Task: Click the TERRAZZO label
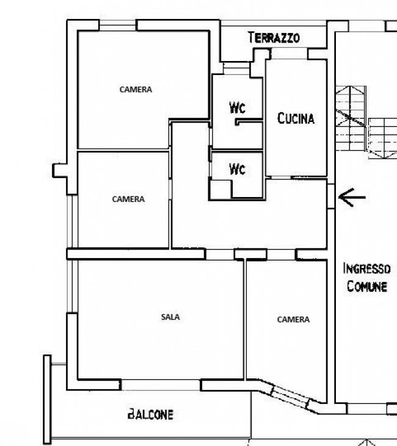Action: click(x=274, y=38)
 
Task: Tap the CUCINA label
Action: click(x=296, y=118)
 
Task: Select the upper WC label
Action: click(x=237, y=107)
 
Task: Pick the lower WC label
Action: click(x=237, y=169)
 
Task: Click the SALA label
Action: click(x=170, y=317)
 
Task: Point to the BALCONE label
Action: click(x=150, y=414)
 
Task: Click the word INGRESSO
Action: click(x=366, y=268)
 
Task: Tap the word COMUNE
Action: click(x=367, y=286)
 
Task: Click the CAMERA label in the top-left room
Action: click(x=136, y=90)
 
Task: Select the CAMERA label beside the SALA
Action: click(x=293, y=320)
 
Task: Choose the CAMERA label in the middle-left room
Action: click(x=128, y=199)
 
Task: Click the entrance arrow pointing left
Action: click(x=352, y=197)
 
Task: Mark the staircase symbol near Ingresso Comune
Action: click(x=366, y=122)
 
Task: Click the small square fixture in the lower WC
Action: click(x=220, y=189)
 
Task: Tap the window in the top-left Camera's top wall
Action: click(x=117, y=25)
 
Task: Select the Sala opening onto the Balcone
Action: click(x=161, y=385)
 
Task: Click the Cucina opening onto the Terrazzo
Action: click(x=289, y=54)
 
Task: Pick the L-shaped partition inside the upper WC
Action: click(x=249, y=122)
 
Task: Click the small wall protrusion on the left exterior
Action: click(x=60, y=170)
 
